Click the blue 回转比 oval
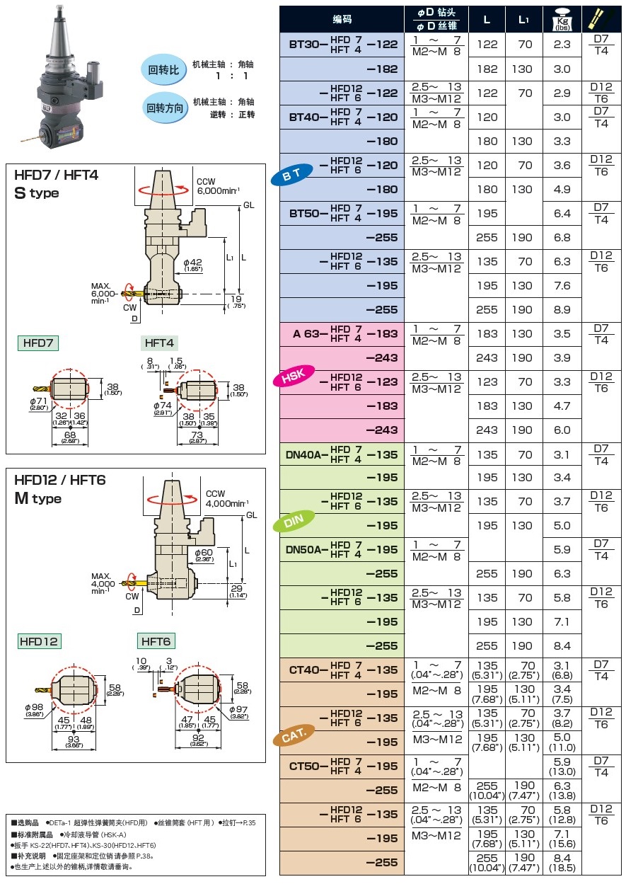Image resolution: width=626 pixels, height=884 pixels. coord(165,70)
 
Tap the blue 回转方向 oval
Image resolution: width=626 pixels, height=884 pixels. coord(165,108)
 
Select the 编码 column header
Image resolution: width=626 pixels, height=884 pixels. coord(342,20)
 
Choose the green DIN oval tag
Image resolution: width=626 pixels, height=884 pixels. coord(293,523)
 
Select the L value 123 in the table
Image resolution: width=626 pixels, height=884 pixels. coord(487,382)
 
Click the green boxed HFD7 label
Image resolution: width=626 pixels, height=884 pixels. coord(38,343)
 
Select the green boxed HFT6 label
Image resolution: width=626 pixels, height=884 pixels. coord(156,641)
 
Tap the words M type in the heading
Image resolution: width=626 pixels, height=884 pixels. coord(37,498)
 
